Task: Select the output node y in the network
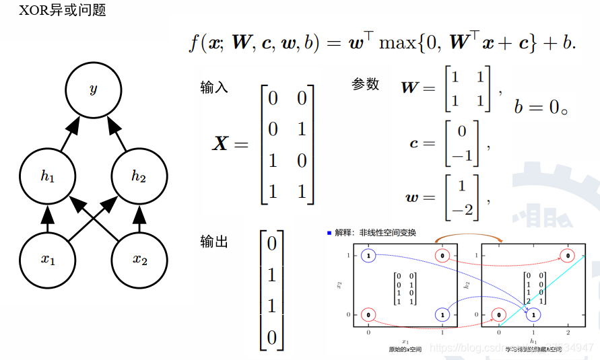click(x=93, y=89)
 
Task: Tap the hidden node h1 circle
click(x=47, y=176)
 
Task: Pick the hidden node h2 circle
click(x=139, y=176)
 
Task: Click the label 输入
click(x=214, y=88)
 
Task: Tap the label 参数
click(x=366, y=84)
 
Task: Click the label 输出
click(x=214, y=242)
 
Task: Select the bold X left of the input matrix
click(x=221, y=143)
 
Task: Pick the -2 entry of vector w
click(x=461, y=210)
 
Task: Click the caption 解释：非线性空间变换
click(x=372, y=233)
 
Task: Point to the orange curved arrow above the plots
click(x=469, y=238)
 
